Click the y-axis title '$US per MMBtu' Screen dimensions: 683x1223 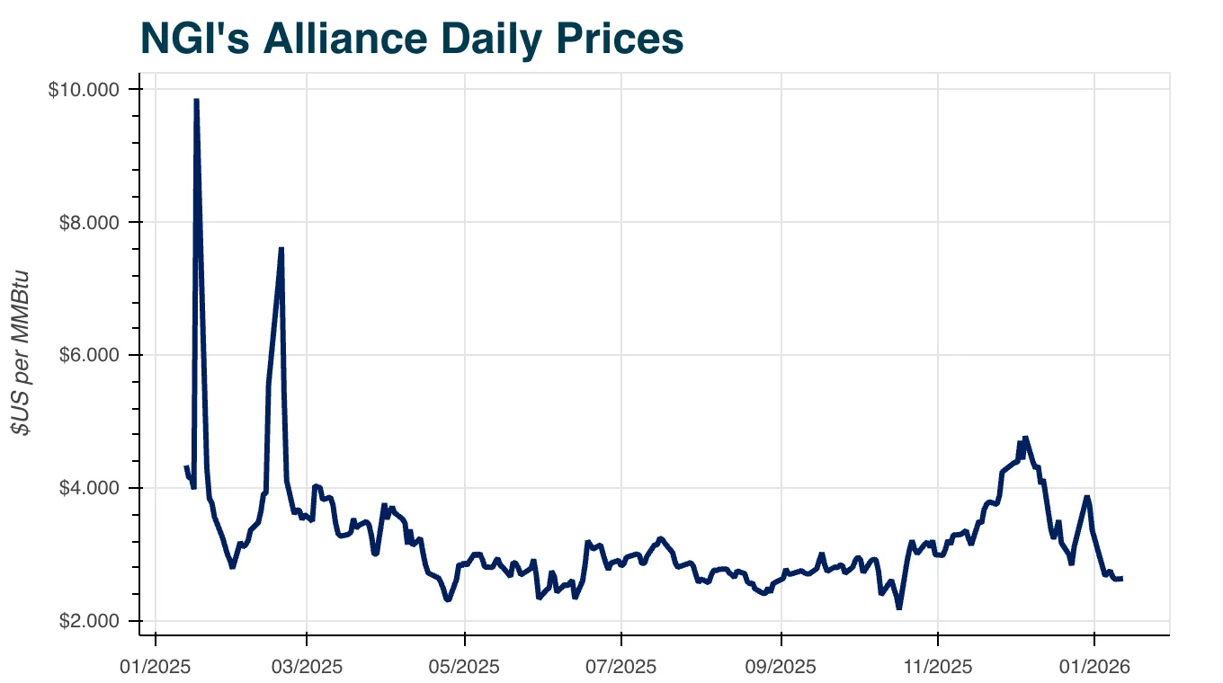coord(22,353)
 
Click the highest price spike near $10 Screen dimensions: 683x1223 coord(196,100)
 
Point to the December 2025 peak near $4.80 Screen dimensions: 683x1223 coord(1025,438)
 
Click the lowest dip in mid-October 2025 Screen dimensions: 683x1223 coord(898,608)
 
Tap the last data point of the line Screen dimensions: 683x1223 coord(1120,578)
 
